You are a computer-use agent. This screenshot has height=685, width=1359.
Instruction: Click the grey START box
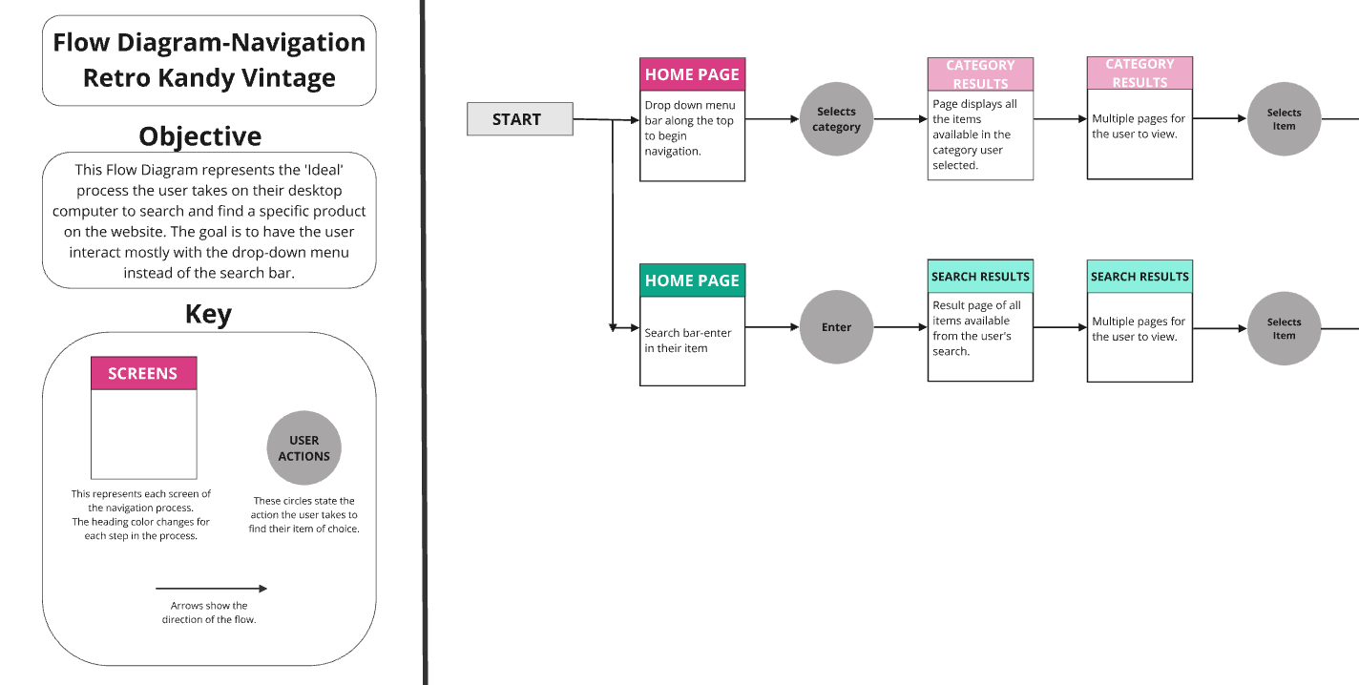(520, 119)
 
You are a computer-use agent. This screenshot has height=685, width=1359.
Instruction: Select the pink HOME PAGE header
(692, 74)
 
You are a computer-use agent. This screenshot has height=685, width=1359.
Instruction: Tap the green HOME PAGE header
(692, 280)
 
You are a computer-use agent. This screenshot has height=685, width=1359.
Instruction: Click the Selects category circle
(836, 119)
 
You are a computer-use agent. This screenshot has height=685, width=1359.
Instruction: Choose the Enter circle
(836, 327)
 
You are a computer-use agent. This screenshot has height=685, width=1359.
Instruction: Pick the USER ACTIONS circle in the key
(303, 447)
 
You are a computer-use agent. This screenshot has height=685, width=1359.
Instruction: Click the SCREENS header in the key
(144, 373)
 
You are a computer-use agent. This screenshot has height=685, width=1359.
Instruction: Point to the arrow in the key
(211, 588)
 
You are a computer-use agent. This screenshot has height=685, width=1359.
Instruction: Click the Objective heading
(200, 136)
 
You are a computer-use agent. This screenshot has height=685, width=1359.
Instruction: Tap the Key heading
(208, 314)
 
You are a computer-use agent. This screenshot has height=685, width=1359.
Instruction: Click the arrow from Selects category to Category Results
(900, 119)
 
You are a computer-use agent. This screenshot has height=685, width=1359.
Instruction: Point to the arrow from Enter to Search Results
(900, 327)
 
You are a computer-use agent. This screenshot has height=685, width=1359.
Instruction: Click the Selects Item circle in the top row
(1284, 119)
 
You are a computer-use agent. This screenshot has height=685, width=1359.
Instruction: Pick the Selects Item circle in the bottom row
(1284, 328)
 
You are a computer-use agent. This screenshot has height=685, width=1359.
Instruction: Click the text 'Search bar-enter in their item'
(688, 341)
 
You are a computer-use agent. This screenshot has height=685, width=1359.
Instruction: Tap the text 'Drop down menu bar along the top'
(690, 113)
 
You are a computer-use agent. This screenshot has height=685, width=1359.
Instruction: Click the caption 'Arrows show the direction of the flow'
(209, 612)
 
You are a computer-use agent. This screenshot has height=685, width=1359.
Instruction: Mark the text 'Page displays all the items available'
(974, 119)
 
